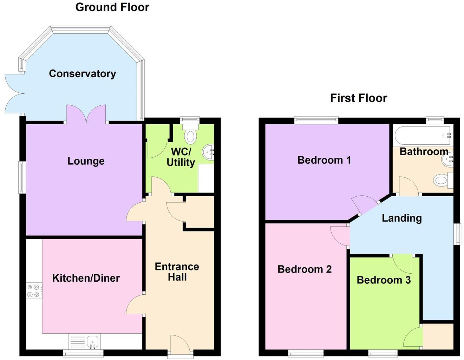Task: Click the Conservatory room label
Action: [82, 73]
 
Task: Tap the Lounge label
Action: [86, 161]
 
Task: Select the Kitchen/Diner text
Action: [86, 278]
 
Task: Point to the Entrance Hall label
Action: [177, 271]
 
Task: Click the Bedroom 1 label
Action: [324, 160]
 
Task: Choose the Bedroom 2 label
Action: [304, 269]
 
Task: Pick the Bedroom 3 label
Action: [384, 280]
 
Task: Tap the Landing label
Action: [401, 218]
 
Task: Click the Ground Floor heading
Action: [112, 7]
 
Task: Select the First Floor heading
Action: [358, 98]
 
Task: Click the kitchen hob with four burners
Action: [34, 291]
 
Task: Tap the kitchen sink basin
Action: [93, 341]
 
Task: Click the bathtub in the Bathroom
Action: [423, 135]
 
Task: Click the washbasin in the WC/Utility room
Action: [209, 152]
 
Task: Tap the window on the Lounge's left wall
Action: [22, 177]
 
